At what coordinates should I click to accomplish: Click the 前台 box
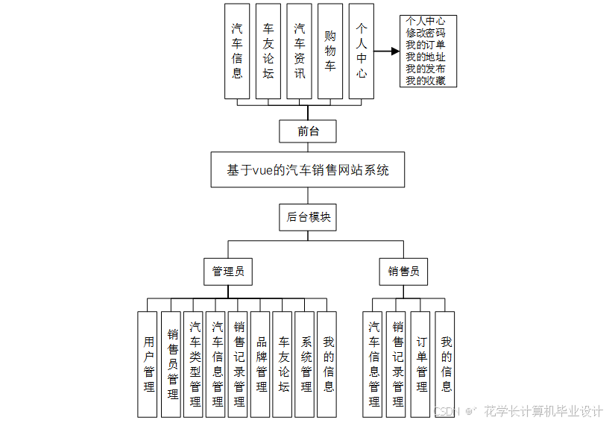[308, 131]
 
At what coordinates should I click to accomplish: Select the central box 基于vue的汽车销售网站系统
[308, 170]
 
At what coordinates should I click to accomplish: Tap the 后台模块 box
[309, 218]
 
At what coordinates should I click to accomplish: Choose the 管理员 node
[227, 272]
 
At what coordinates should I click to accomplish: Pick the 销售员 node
[403, 272]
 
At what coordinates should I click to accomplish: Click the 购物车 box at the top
[330, 51]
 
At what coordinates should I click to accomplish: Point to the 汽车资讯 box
[299, 51]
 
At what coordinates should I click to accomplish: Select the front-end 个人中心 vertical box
[362, 51]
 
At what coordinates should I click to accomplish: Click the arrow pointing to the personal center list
[386, 51]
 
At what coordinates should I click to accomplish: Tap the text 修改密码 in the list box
[426, 33]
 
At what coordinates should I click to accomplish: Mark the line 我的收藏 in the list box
[426, 81]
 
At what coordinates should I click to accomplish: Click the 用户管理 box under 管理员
[149, 364]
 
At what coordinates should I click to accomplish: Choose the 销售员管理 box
[171, 364]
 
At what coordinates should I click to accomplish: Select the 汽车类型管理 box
[195, 364]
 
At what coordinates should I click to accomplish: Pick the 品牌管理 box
[261, 364]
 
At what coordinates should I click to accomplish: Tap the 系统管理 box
[306, 364]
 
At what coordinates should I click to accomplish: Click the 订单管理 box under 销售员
[422, 364]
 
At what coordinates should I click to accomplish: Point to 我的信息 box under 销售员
[446, 364]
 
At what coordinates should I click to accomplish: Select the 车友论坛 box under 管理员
[283, 364]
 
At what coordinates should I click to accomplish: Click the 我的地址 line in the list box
[426, 57]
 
